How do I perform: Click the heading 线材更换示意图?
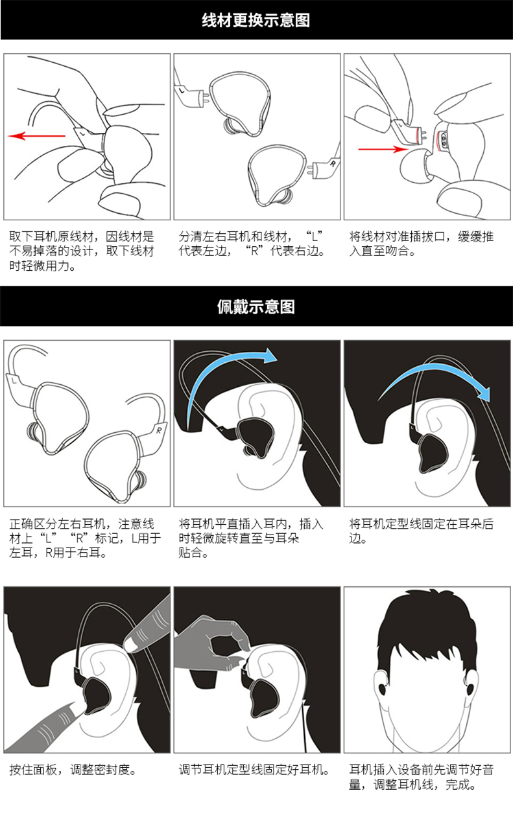[x=256, y=20]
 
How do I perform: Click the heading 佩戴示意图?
[x=256, y=306]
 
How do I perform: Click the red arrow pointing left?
[x=36, y=136]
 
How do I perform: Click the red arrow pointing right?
[x=383, y=149]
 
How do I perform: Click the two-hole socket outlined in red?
[x=444, y=141]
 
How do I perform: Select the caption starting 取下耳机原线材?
[x=82, y=251]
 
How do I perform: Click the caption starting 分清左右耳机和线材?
[x=252, y=244]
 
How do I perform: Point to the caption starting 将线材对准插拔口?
[x=421, y=244]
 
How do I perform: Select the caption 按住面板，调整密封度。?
[x=73, y=770]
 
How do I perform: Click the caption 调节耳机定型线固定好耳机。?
[x=254, y=770]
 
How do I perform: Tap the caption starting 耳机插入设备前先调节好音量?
[x=421, y=778]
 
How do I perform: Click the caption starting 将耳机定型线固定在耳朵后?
[x=421, y=531]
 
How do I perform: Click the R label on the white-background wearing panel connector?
[x=159, y=430]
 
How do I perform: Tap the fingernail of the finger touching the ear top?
[x=132, y=645]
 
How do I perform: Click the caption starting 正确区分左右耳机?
[x=85, y=538]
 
